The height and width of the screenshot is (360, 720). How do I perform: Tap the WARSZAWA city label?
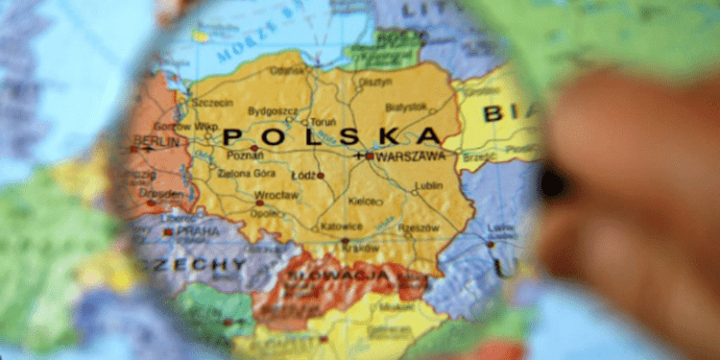(410, 155)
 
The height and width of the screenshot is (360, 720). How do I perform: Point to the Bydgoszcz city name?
(274, 110)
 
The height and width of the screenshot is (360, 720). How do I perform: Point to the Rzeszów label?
(420, 228)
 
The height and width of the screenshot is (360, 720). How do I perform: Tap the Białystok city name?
(406, 107)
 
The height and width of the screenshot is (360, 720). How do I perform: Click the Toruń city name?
(323, 123)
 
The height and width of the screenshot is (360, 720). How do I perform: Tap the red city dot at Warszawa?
(370, 155)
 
